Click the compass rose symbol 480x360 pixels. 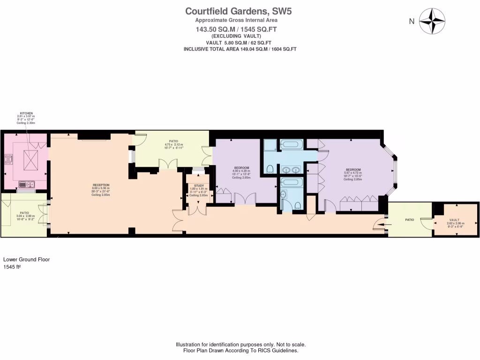pyautogui.click(x=431, y=21)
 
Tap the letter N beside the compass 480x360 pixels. pyautogui.click(x=412, y=21)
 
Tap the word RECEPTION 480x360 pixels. pyautogui.click(x=101, y=185)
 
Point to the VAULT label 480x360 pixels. pyautogui.click(x=454, y=220)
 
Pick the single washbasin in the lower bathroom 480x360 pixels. pyautogui.click(x=283, y=195)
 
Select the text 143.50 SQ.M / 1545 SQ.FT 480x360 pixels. pyautogui.click(x=236, y=29)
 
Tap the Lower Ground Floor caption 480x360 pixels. pyautogui.click(x=26, y=259)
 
